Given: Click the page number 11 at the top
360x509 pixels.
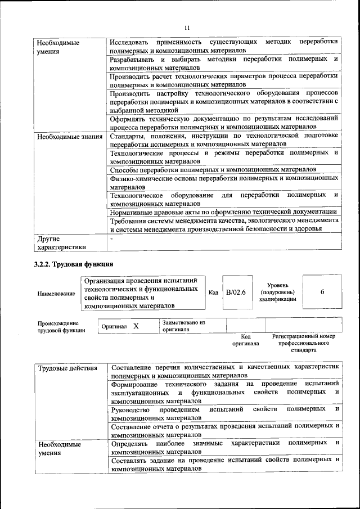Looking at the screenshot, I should (x=187, y=28).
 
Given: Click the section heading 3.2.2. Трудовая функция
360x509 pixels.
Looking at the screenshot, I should (x=74, y=264).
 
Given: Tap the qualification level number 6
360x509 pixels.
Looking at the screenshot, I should (x=322, y=292).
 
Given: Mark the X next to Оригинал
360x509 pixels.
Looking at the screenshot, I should (x=136, y=326).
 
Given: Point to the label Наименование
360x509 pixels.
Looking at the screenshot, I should (x=56, y=293).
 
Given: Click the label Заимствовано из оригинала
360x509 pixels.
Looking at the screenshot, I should (x=184, y=326).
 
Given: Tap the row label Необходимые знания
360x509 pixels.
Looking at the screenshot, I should (x=70, y=136).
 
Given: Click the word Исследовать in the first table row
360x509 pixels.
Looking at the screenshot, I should (x=129, y=42).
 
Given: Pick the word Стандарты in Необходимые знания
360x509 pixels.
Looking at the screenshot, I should (x=128, y=136).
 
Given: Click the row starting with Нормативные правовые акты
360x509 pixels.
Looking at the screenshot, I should (x=223, y=211).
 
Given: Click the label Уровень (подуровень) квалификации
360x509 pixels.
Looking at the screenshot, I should (x=277, y=292).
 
